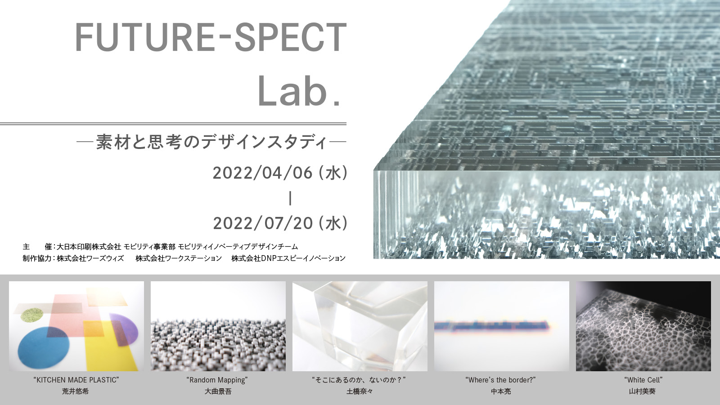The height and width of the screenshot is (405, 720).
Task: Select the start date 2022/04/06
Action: point(263,173)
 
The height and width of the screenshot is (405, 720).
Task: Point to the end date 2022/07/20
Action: point(263,223)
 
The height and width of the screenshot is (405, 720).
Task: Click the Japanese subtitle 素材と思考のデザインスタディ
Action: point(211,142)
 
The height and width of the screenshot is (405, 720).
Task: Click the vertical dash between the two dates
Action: point(290,198)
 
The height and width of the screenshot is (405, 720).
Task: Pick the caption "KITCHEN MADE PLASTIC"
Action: point(76,380)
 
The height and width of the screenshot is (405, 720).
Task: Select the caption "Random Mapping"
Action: point(217,380)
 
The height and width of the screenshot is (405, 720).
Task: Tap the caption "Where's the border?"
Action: point(500,380)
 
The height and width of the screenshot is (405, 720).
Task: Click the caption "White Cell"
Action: point(643,380)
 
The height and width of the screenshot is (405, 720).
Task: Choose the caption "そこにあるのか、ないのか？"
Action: point(359,380)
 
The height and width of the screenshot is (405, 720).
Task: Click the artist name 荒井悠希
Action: point(75,391)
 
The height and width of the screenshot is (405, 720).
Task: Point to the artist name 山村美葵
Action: point(642,391)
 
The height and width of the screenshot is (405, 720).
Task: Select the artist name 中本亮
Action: point(501,391)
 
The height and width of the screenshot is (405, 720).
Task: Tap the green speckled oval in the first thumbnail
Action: point(32,315)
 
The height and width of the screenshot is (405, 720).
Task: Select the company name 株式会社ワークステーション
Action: point(179,258)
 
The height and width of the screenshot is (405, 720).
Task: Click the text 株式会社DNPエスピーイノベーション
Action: point(288,258)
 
